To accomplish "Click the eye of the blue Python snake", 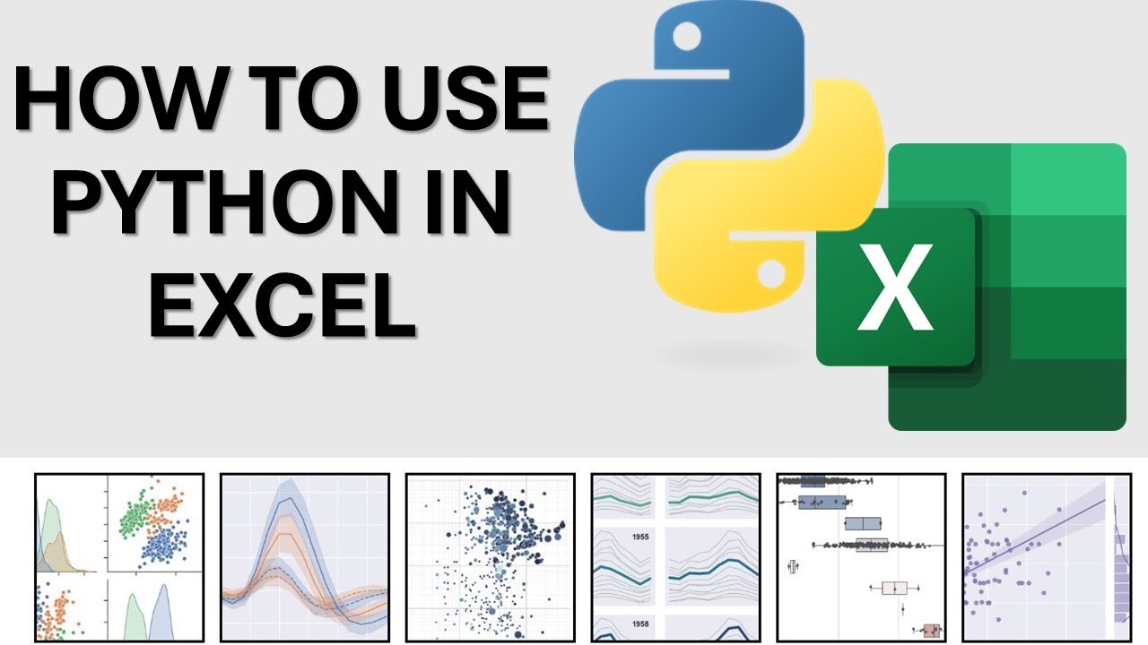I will [x=687, y=37].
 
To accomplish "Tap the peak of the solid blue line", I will [x=287, y=503].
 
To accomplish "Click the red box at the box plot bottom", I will [x=932, y=631].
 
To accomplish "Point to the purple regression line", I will [x=1040, y=537].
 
